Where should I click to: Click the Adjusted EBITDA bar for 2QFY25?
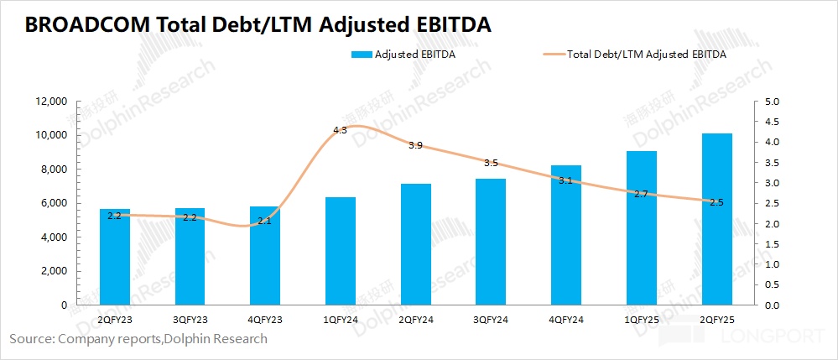[716, 219]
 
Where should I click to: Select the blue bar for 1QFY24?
[341, 251]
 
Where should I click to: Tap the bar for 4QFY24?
[566, 235]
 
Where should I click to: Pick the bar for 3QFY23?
[190, 256]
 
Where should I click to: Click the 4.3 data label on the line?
[340, 130]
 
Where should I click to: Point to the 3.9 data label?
[415, 145]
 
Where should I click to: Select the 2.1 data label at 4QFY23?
[265, 221]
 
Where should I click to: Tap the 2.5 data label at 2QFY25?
[716, 202]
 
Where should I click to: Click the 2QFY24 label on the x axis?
[415, 320]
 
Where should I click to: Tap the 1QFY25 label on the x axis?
[641, 320]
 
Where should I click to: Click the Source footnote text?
[138, 339]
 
